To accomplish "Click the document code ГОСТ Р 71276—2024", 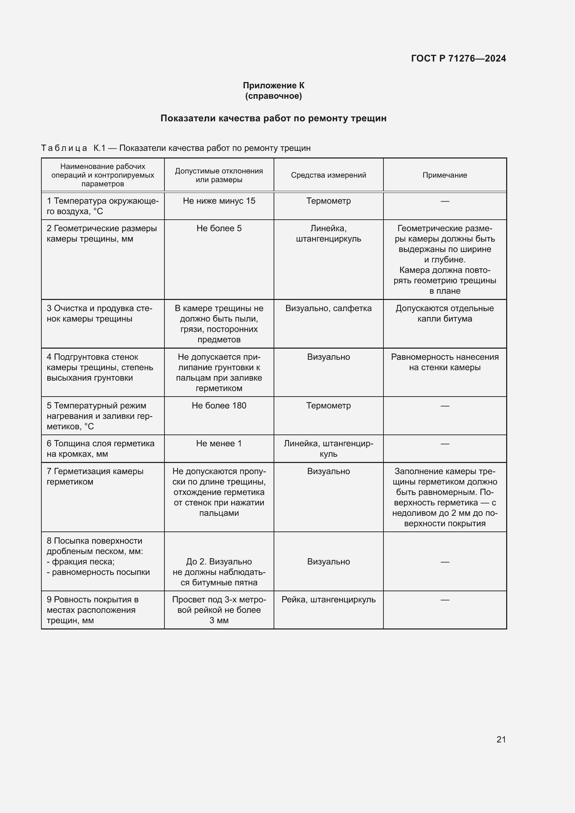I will coord(458,58).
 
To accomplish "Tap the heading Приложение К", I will coord(273,86).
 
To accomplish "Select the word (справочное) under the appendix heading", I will coord(273,96).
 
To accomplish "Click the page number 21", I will coord(501,739).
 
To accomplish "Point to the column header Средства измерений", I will coord(328,175).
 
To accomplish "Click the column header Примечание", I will coord(445,175).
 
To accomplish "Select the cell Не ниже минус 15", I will coord(219,201).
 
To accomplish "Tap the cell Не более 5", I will coord(219,228).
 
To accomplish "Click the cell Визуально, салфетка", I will coord(328,308).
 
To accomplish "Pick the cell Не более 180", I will coord(219,405).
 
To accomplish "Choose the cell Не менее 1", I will coord(219,443).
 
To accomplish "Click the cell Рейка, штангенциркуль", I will coord(328,600).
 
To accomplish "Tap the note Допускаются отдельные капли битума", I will coord(445,314).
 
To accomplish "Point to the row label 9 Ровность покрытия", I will coord(93,610).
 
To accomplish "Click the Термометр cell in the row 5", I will coord(328,405).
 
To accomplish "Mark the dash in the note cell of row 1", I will coord(445,201).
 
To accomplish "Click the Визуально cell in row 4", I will coord(328,357).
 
